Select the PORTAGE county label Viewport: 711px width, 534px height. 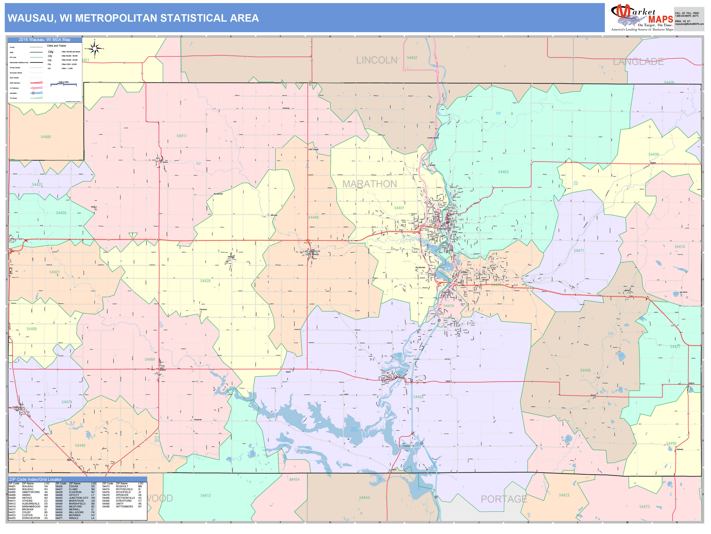[x=504, y=499]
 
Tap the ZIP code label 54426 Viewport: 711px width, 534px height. [x=205, y=281]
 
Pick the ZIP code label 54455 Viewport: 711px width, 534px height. [x=418, y=397]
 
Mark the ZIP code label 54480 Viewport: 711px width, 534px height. [x=46, y=137]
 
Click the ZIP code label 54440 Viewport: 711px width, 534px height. [x=585, y=370]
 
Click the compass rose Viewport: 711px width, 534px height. [x=94, y=49]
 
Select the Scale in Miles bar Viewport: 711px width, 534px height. [x=64, y=84]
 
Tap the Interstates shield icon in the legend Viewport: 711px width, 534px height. [x=33, y=93]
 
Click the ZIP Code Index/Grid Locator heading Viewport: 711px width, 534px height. [x=35, y=479]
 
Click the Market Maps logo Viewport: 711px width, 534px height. [x=642, y=18]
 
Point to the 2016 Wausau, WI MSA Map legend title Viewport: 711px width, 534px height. [x=44, y=40]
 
